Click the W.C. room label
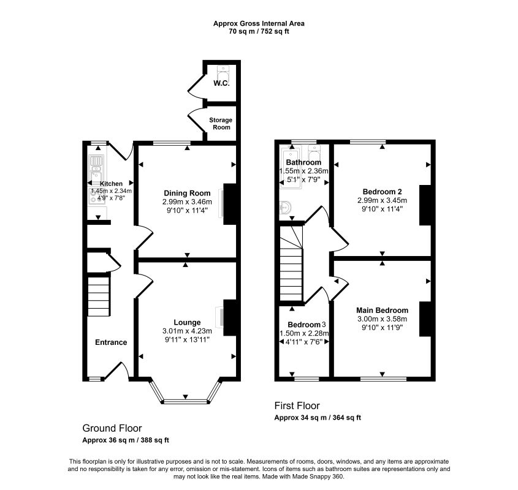(x=221, y=83)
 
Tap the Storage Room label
(x=221, y=124)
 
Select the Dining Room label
(x=187, y=193)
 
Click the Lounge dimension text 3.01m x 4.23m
(x=187, y=331)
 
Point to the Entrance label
(x=111, y=342)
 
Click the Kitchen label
(x=112, y=184)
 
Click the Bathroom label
(x=303, y=162)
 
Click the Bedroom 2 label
(x=383, y=192)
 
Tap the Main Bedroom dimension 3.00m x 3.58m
(x=383, y=319)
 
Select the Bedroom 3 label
(x=307, y=325)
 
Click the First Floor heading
(x=297, y=405)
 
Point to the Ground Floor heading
(x=112, y=428)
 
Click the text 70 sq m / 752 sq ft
(x=259, y=32)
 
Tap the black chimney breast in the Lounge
(x=230, y=318)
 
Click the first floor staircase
(x=291, y=263)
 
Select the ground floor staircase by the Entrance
(x=99, y=296)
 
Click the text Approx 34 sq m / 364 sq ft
(x=318, y=418)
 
